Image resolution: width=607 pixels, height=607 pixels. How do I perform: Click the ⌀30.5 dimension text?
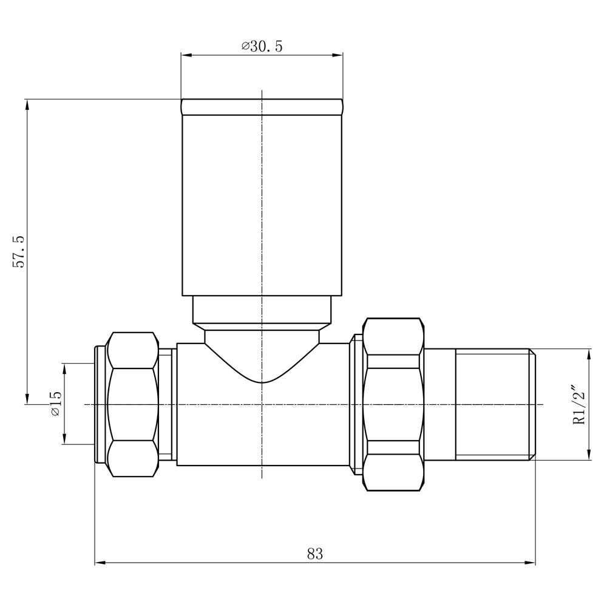click(262, 47)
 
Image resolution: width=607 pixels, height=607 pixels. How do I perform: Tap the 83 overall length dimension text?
click(315, 554)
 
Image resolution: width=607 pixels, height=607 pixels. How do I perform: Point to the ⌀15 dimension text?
click(55, 404)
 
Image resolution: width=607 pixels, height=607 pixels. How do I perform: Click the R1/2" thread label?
click(579, 405)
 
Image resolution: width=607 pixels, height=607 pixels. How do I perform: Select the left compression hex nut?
click(132, 404)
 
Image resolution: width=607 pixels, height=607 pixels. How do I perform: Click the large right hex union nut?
click(393, 404)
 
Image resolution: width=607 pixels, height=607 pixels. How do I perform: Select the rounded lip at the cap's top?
click(262, 106)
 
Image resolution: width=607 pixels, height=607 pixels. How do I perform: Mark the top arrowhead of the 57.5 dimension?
click(27, 104)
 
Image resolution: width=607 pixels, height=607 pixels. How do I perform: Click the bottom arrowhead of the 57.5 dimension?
click(27, 398)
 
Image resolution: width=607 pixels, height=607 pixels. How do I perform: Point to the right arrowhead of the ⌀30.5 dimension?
click(337, 55)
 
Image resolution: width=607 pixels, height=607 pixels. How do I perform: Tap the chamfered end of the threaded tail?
click(532, 404)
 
